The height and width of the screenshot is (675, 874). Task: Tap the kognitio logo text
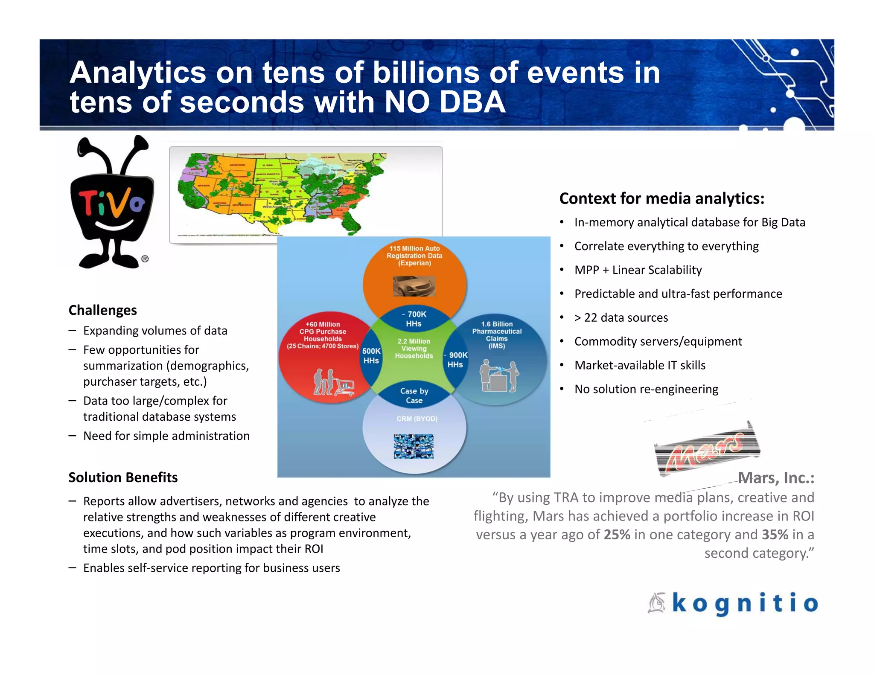point(745,603)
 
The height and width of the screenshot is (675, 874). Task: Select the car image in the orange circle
point(414,286)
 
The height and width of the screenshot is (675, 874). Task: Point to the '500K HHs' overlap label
point(371,356)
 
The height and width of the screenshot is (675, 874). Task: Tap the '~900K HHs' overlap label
point(456,360)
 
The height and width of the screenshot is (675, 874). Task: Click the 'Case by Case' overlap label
point(414,396)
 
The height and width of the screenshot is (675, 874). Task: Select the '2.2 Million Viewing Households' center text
point(414,349)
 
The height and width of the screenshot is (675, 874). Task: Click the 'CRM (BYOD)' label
point(417,419)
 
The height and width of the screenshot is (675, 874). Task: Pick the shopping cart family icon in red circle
point(333,383)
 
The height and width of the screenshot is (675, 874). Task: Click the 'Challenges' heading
point(103,310)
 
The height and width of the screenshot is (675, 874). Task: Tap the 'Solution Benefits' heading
point(123,477)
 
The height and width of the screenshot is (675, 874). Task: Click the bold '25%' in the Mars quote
point(617,535)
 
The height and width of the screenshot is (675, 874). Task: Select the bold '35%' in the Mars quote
point(775,535)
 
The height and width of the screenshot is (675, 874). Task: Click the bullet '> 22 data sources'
point(621,317)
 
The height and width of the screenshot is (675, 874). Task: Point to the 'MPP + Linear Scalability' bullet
point(638,270)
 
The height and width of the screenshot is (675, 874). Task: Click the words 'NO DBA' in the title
point(445,102)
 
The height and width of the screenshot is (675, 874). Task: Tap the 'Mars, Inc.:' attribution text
point(776,478)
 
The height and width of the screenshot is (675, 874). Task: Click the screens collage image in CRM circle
point(414,446)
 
